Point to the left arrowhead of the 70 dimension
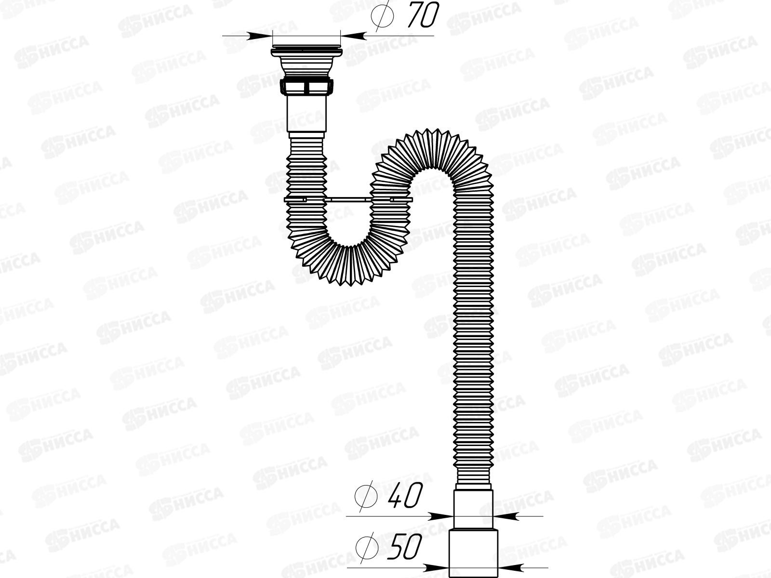[261, 35]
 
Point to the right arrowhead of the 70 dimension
[352, 35]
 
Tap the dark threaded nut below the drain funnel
[306, 87]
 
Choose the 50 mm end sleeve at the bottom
[474, 554]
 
